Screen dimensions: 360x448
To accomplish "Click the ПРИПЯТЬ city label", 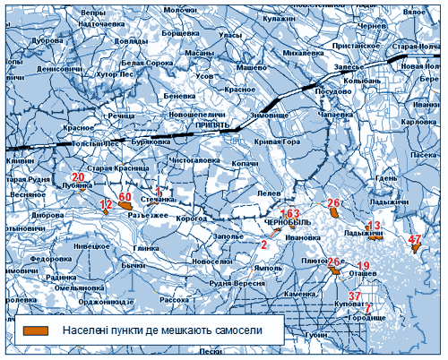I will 212,124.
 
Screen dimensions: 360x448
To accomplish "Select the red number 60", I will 125,196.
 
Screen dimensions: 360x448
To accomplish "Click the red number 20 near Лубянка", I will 78,177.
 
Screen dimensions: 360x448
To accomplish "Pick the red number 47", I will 415,239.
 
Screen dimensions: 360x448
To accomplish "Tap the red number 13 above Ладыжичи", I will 375,225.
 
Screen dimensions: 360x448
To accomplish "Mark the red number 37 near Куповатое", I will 355,296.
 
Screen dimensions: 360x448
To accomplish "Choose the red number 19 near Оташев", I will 363,266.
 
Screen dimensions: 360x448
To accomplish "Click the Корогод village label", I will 190,218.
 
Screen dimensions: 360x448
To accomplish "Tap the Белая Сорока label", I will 147,64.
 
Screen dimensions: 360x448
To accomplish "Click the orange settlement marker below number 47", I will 416,248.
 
